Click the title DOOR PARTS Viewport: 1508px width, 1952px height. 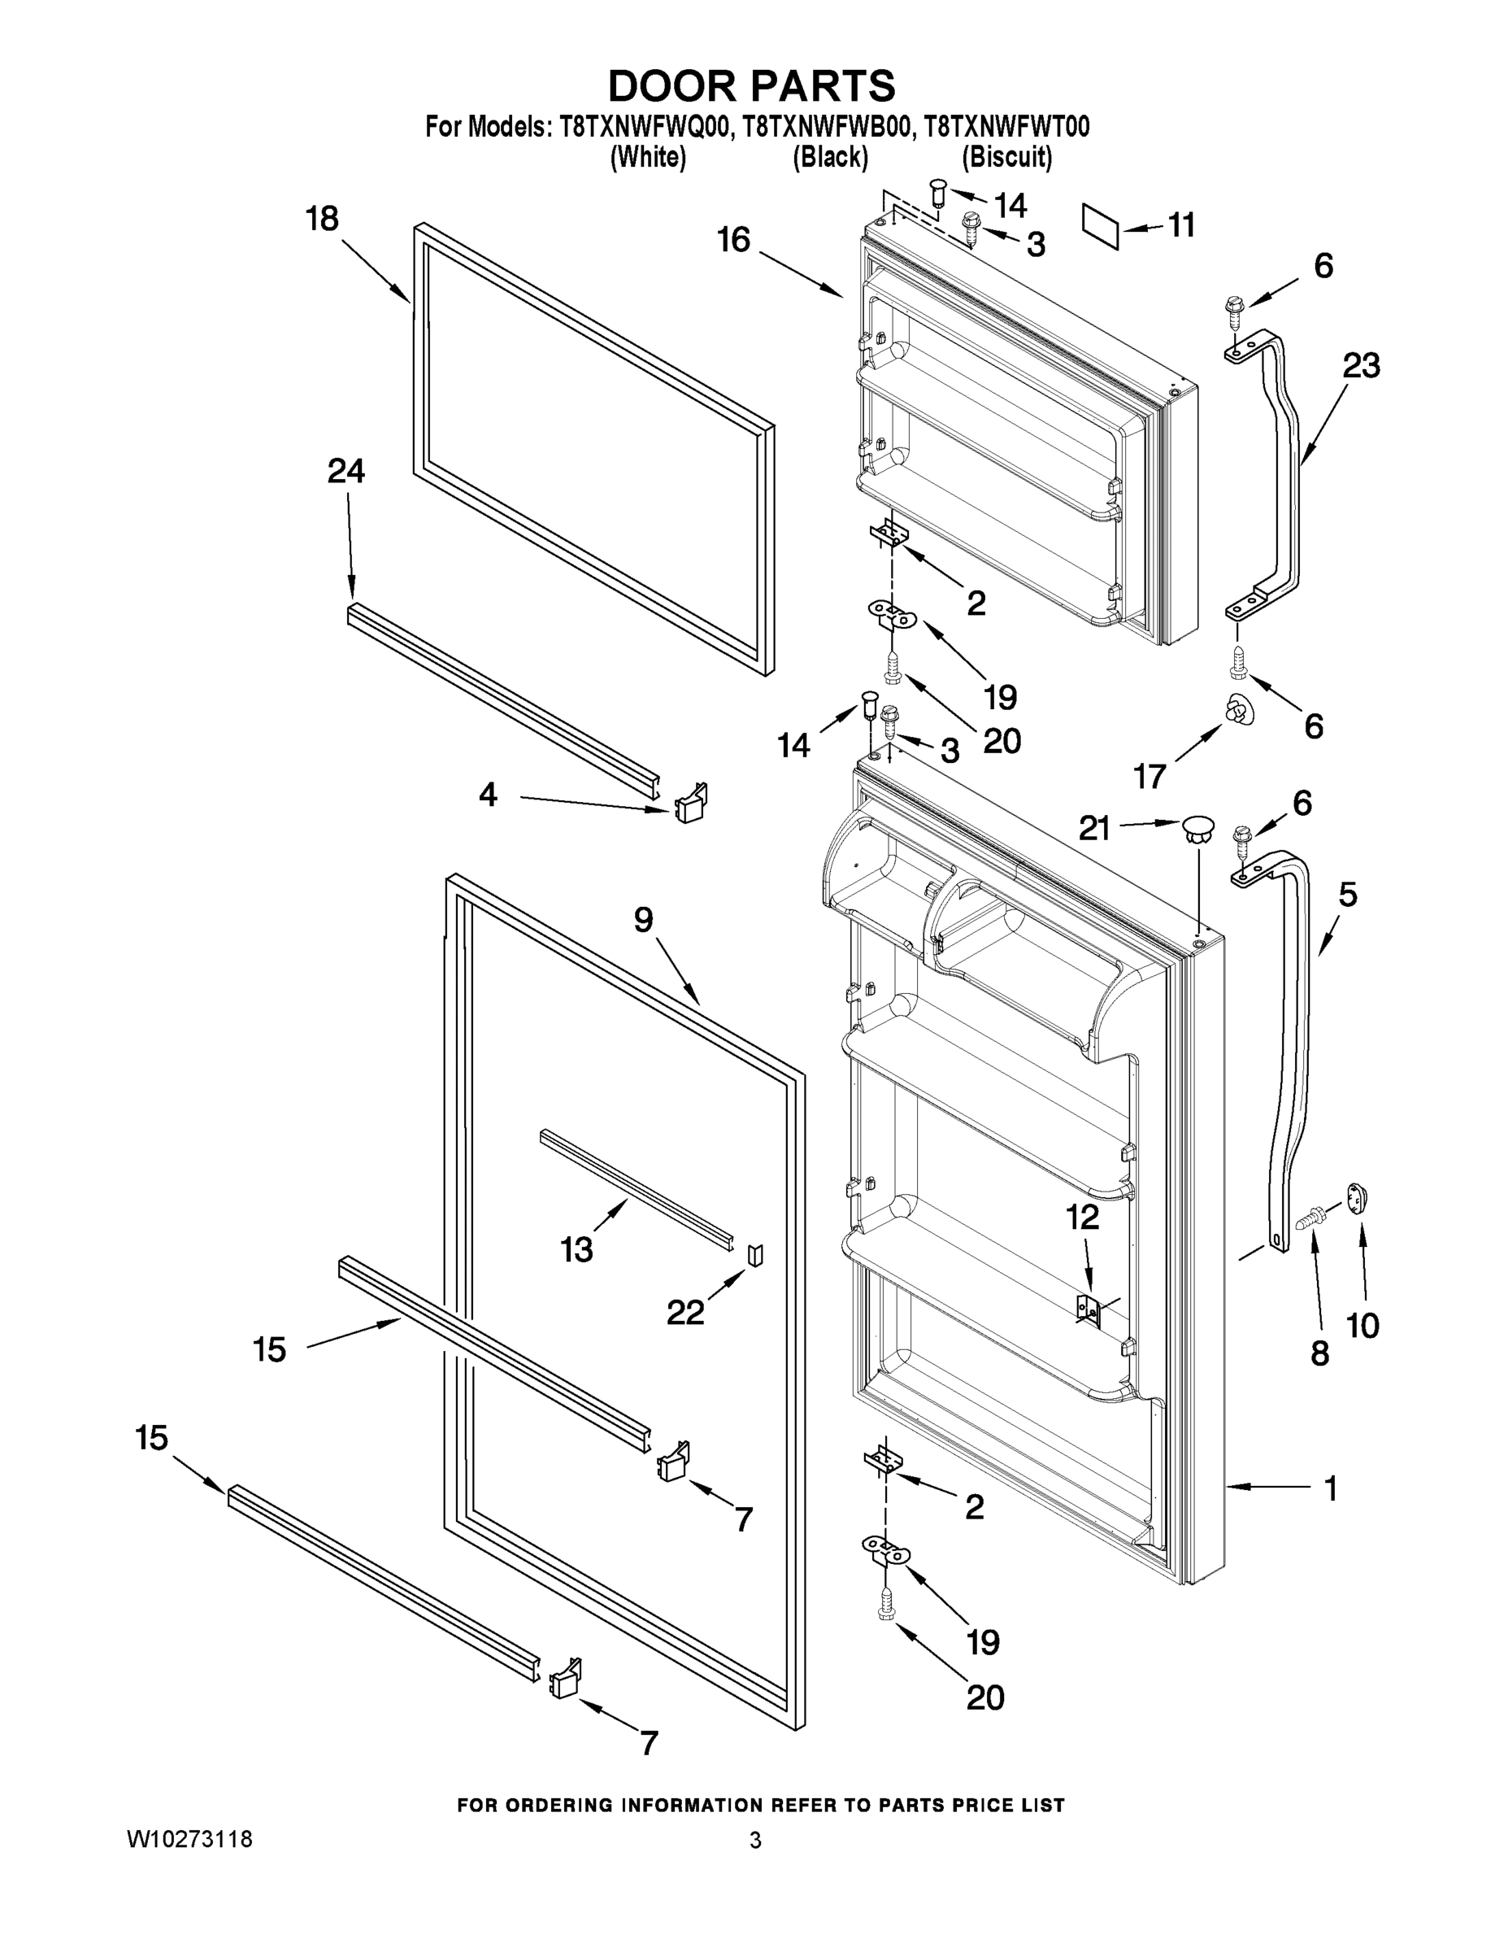pyautogui.click(x=751, y=87)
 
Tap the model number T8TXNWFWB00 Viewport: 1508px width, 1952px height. pyautogui.click(x=828, y=127)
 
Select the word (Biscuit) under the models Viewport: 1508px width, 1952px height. pyautogui.click(x=1006, y=157)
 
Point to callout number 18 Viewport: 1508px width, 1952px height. pyautogui.click(x=323, y=219)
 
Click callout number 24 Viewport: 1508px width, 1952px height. pyautogui.click(x=345, y=471)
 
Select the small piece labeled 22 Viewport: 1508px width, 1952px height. pyautogui.click(x=756, y=1255)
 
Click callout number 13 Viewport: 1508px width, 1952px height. pyautogui.click(x=576, y=1249)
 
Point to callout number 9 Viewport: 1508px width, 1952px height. pyautogui.click(x=643, y=920)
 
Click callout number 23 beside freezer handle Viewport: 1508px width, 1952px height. pyautogui.click(x=1361, y=364)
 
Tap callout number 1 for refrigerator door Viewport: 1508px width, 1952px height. pyautogui.click(x=1330, y=1488)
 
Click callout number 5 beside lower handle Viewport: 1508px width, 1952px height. pyautogui.click(x=1347, y=894)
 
